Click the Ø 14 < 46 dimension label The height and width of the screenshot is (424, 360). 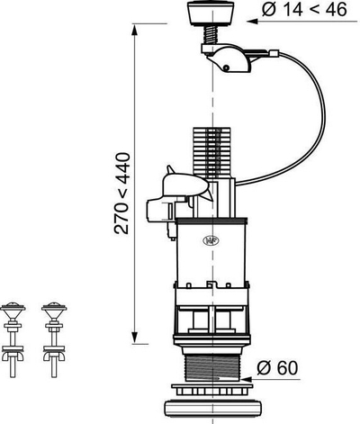pos(304,10)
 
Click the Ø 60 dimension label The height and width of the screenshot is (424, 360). pos(277,367)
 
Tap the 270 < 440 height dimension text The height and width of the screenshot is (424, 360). pos(121,194)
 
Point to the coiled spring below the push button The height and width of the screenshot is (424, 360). pos(211,34)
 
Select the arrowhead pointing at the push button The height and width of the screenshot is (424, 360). pos(253,22)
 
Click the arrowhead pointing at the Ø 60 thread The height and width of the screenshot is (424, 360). pos(247,379)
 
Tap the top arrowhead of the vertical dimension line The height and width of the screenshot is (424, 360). pos(134,30)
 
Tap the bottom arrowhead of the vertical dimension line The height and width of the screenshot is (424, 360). pos(134,338)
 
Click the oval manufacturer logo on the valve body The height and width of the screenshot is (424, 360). pos(211,240)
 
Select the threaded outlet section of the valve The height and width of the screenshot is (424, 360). pos(212,367)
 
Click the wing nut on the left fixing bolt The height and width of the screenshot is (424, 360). pos(13,356)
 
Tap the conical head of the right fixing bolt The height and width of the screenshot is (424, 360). pos(54,311)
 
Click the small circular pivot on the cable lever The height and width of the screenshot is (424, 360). pos(226,68)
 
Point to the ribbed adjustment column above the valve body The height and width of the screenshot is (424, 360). pos(211,151)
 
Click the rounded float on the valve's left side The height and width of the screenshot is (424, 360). pos(184,185)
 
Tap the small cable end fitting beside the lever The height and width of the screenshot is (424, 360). pos(274,54)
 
